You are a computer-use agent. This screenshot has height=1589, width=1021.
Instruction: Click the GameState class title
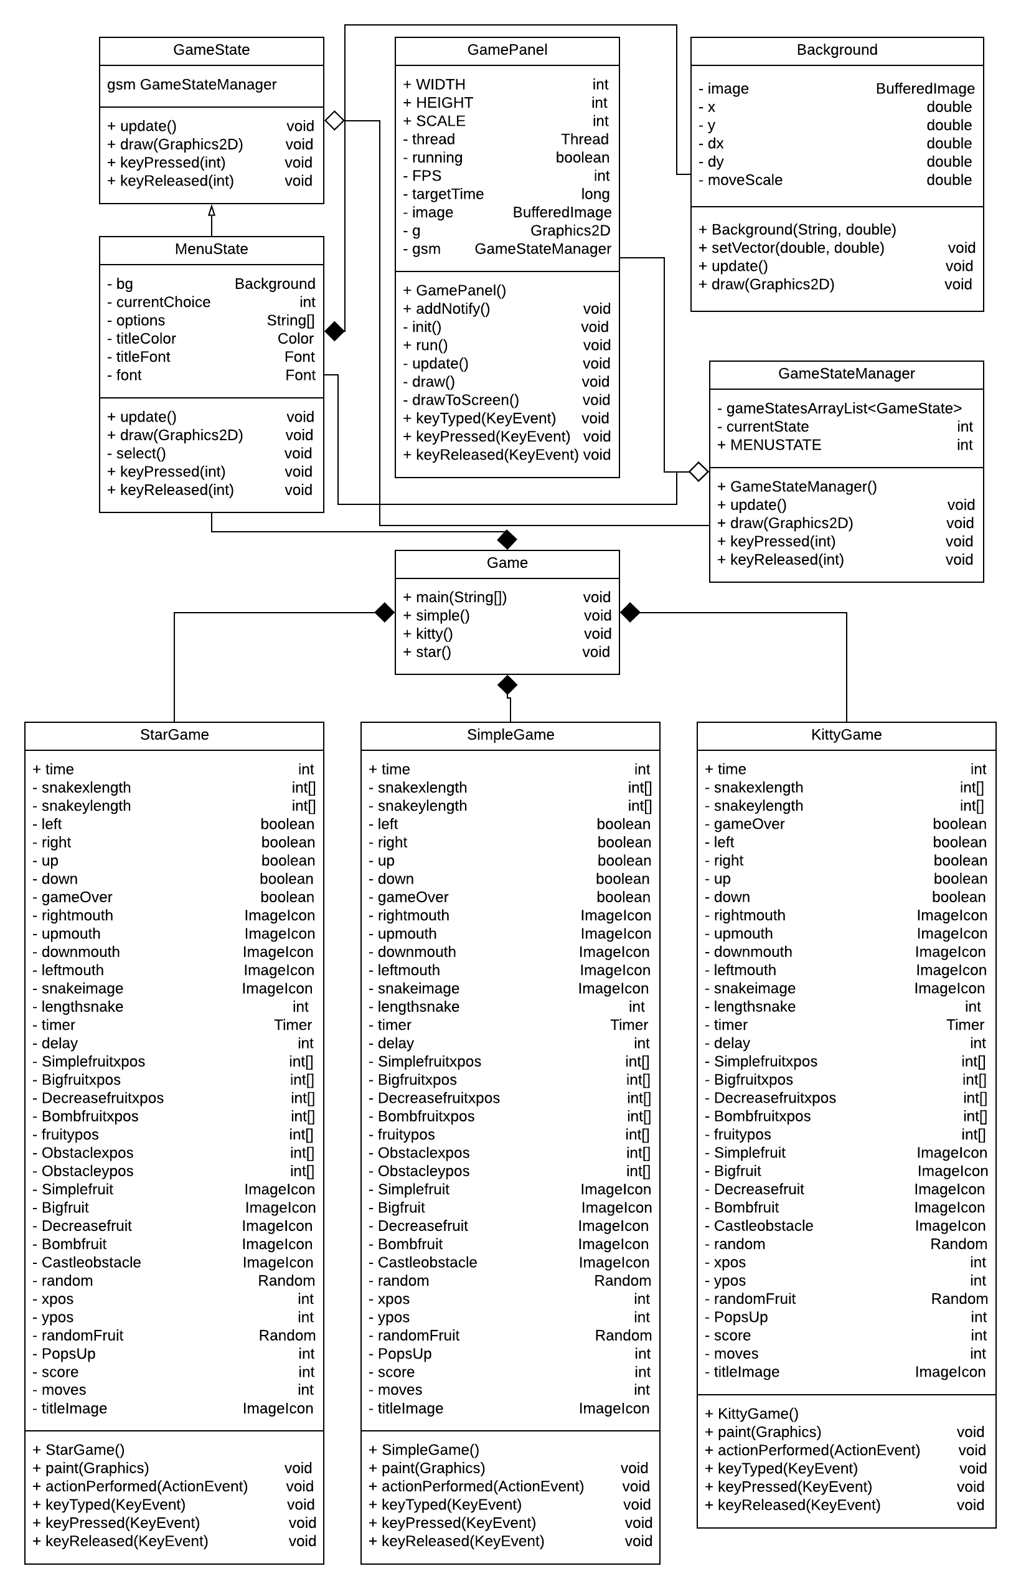tap(212, 50)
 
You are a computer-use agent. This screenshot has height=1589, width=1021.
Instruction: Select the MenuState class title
tap(212, 249)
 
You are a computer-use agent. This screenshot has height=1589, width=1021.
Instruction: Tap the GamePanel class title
tap(507, 50)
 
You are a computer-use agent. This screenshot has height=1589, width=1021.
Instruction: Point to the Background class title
tap(837, 50)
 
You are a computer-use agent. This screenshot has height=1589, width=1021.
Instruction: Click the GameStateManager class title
tap(846, 374)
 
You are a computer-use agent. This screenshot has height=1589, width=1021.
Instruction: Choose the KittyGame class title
tap(846, 735)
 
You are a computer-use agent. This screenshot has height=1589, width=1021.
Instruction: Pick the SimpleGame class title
tap(510, 735)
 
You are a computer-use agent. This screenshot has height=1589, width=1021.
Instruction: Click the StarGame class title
tap(174, 735)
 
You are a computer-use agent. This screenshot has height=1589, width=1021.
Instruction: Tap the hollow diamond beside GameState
tap(335, 121)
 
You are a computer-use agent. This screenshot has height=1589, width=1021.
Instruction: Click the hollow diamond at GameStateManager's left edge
tap(699, 472)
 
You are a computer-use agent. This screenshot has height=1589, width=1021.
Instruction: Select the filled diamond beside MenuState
tap(335, 331)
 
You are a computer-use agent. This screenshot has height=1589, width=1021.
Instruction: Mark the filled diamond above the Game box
tap(507, 540)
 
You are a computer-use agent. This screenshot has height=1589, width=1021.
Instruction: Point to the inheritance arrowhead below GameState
tap(212, 211)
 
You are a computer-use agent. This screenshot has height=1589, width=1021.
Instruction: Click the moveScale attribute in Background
tap(745, 181)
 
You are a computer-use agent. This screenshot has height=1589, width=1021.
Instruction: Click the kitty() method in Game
tap(433, 634)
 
